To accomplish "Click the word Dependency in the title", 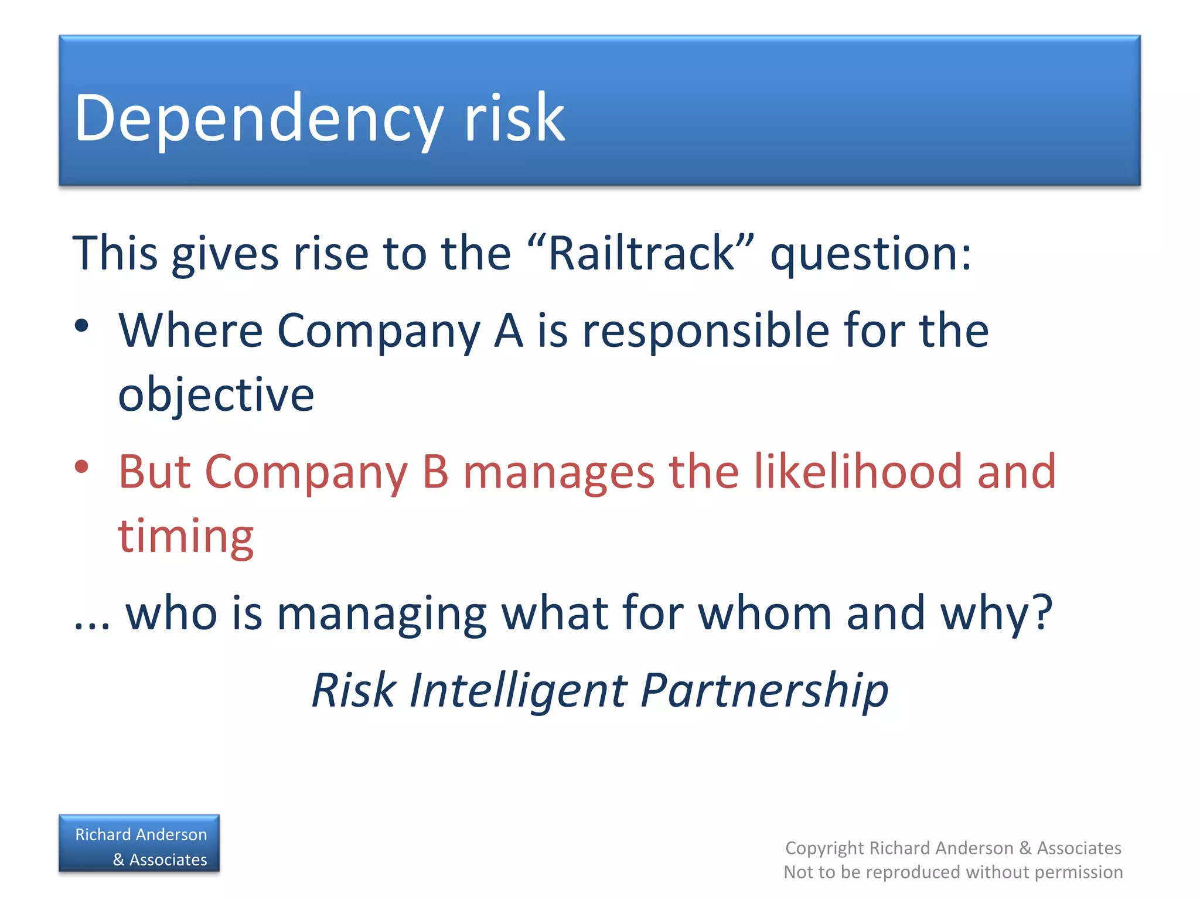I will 258,119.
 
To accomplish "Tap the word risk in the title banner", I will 514,119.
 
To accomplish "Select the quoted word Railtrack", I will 641,254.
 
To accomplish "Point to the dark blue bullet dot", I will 81,326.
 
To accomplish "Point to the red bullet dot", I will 81,467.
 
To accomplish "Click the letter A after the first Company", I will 508,330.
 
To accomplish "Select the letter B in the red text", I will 436,472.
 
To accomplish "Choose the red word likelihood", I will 857,472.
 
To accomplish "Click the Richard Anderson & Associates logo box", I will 139,844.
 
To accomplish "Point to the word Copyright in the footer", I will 824,848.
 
